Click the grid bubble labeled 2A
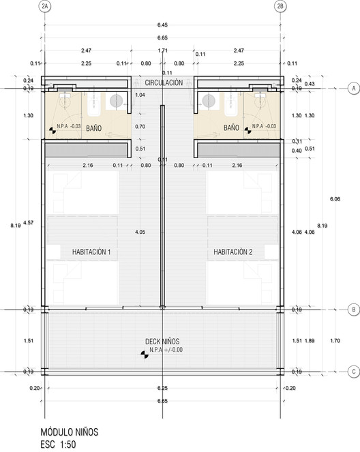pyautogui.click(x=45, y=7)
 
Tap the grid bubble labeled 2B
pyautogui.click(x=280, y=7)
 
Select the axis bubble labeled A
pyautogui.click(x=354, y=88)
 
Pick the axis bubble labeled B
pyautogui.click(x=354, y=310)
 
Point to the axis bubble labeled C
pyautogui.click(x=354, y=372)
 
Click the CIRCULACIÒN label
pyautogui.click(x=164, y=83)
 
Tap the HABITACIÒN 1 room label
pyautogui.click(x=91, y=252)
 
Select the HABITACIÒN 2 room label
pyautogui.click(x=233, y=252)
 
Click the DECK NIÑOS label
pyautogui.click(x=162, y=342)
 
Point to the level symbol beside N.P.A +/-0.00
pyautogui.click(x=145, y=355)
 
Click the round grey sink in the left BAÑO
pyautogui.click(x=116, y=101)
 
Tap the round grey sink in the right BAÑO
pyautogui.click(x=209, y=101)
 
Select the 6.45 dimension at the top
pyautogui.click(x=162, y=25)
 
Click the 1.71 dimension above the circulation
pyautogui.click(x=162, y=50)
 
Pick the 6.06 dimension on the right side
pyautogui.click(x=335, y=199)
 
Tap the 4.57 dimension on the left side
pyautogui.click(x=28, y=222)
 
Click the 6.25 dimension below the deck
pyautogui.click(x=162, y=388)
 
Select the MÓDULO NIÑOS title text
pyautogui.click(x=70, y=432)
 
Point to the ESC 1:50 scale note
pyautogui.click(x=58, y=445)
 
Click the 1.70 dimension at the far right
pyautogui.click(x=335, y=341)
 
